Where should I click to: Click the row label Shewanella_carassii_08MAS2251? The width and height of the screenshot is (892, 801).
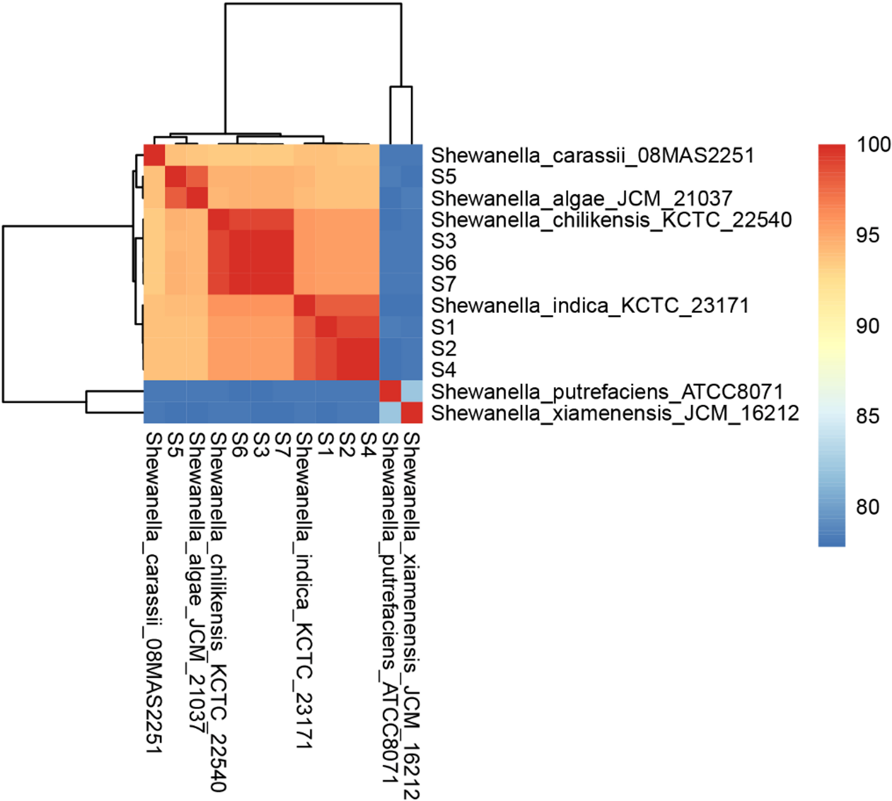pos(593,155)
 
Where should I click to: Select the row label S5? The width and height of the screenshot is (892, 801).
pos(443,177)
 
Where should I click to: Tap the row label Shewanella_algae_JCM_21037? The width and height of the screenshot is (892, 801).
pos(581,199)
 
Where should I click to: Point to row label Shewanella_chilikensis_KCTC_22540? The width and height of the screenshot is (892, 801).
pos(611,220)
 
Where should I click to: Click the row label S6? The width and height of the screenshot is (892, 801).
pos(443,263)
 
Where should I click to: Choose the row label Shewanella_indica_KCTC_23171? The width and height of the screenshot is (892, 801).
pos(590,306)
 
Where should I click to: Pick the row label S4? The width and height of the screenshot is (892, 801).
pos(443,370)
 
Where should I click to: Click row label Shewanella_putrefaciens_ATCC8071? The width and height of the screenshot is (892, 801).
pos(607,392)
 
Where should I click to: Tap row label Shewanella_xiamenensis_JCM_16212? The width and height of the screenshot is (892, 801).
pos(615,413)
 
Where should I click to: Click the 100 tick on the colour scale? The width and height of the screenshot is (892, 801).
pos(873,145)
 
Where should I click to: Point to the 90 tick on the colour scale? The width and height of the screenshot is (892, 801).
pos(868,327)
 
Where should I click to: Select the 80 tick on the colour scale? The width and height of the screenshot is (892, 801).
pos(868,507)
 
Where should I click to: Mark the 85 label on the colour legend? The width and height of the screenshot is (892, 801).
pos(868,416)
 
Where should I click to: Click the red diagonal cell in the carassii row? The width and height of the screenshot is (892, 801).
pos(154,155)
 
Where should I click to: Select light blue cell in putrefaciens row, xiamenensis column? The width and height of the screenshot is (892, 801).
pos(412,391)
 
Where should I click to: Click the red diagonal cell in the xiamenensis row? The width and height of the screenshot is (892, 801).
pos(412,413)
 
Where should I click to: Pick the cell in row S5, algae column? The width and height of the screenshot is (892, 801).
pos(197,177)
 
